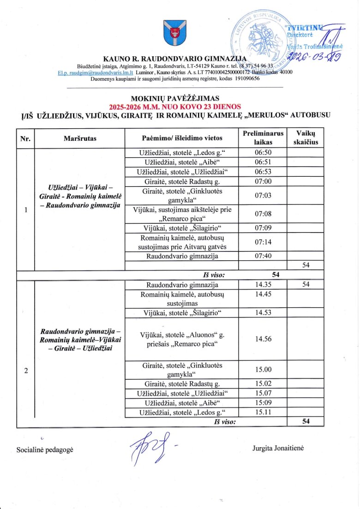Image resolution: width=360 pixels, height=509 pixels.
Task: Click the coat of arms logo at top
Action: pyautogui.click(x=176, y=34)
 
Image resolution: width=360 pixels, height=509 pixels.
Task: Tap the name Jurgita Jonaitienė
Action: pyautogui.click(x=278, y=448)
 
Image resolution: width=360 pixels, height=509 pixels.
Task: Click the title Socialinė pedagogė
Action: pyautogui.click(x=45, y=449)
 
